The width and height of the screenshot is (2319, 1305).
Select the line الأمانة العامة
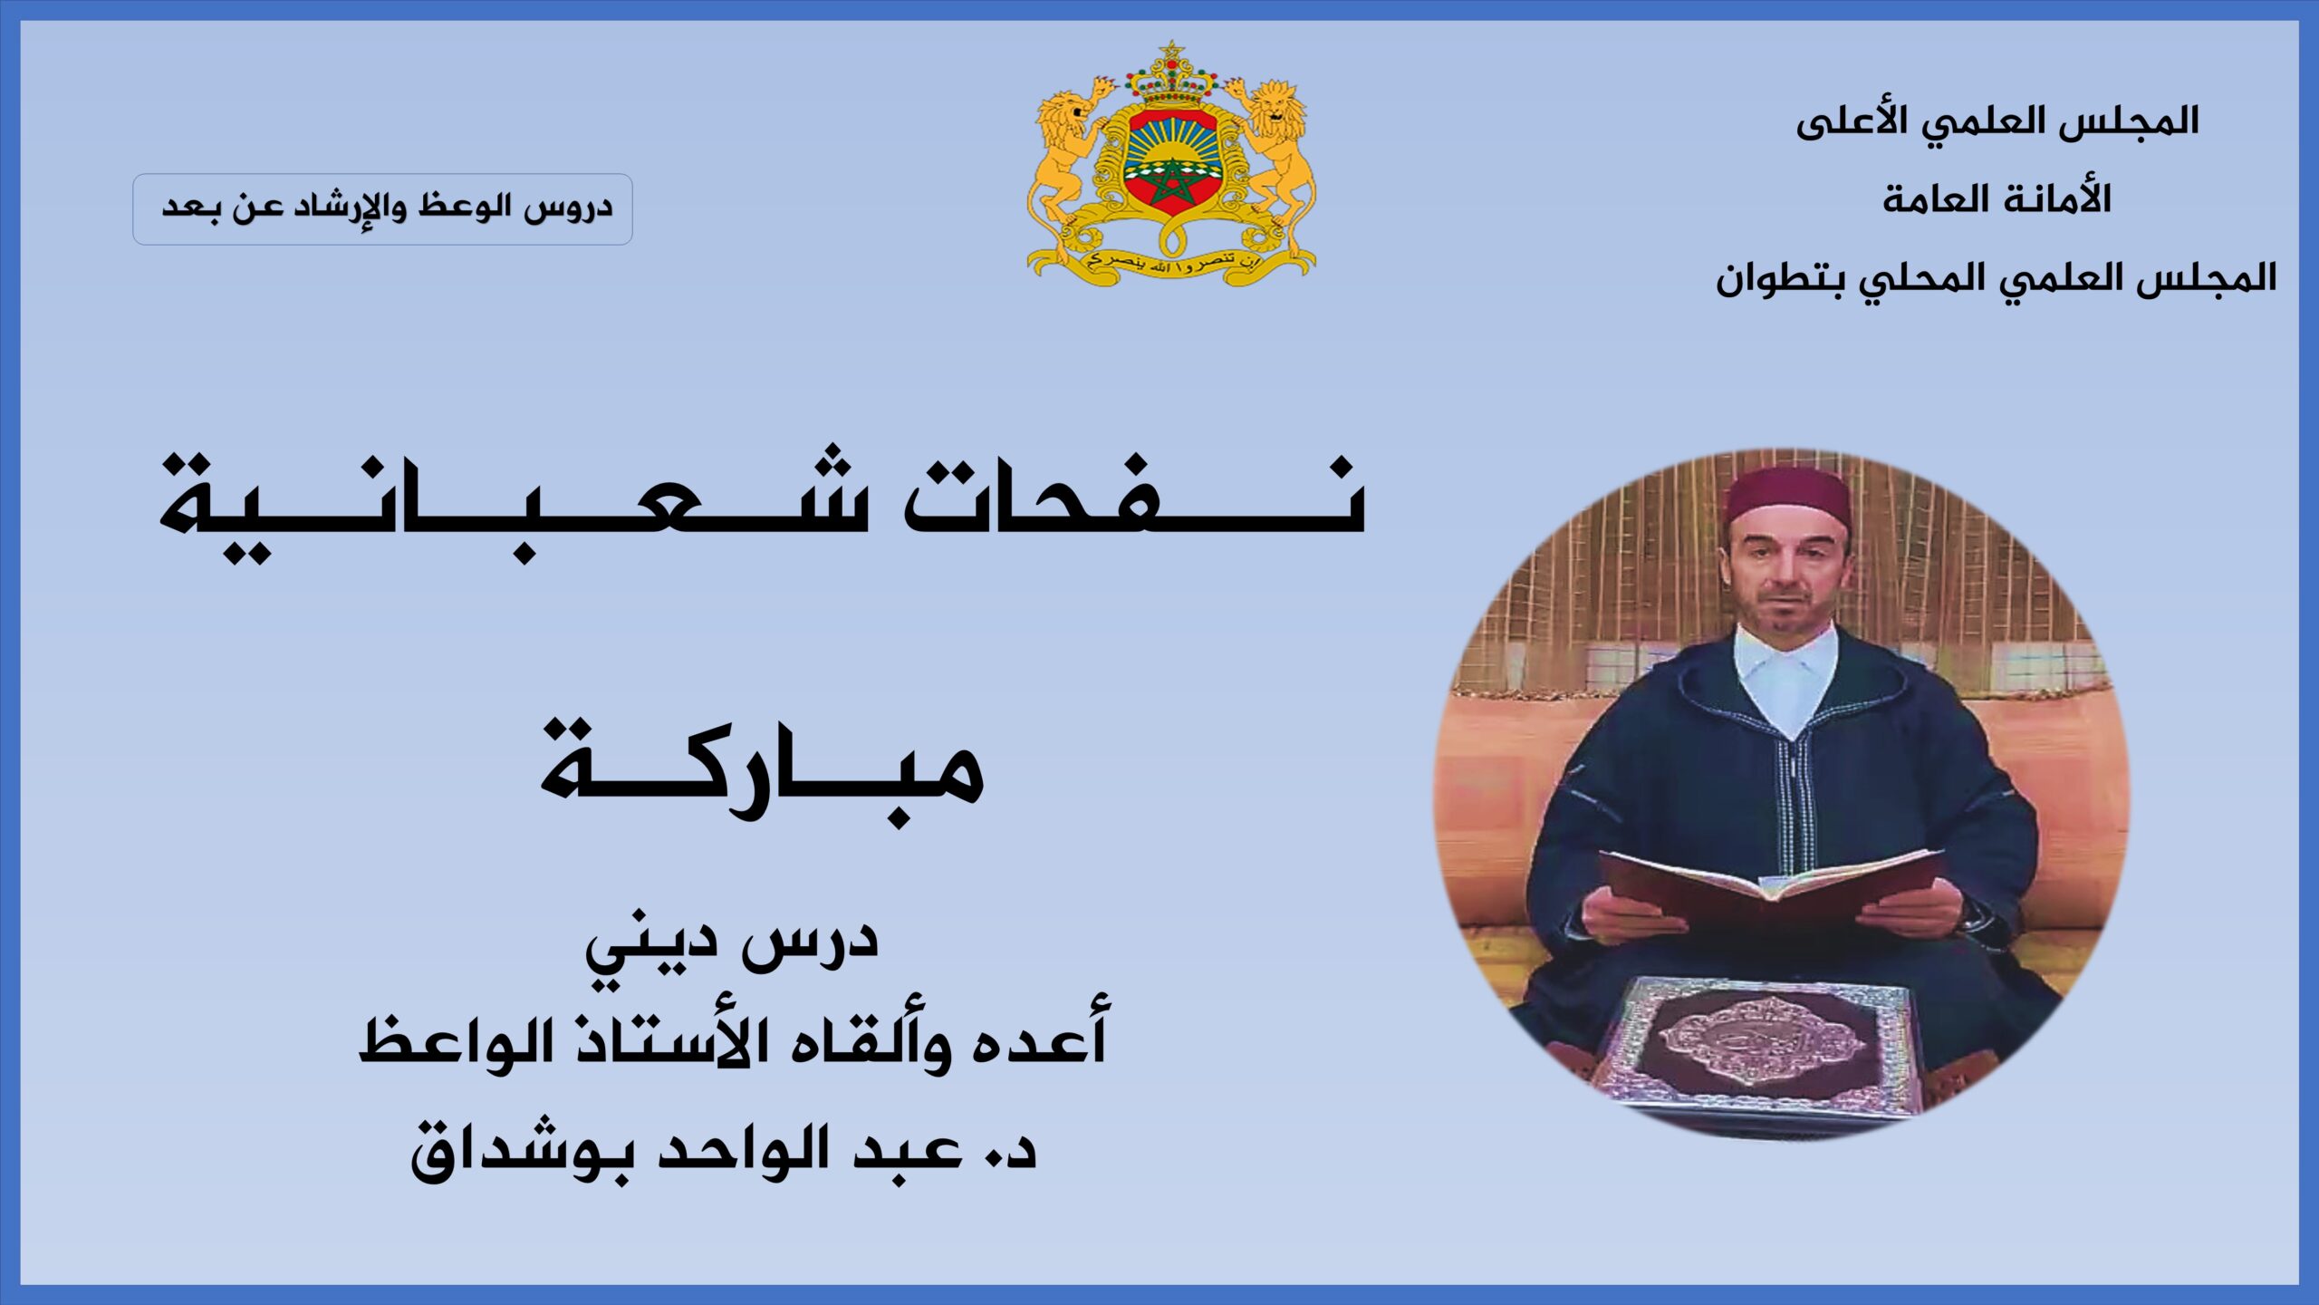(x=1997, y=198)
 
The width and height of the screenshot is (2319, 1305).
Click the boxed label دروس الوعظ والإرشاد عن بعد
(x=382, y=209)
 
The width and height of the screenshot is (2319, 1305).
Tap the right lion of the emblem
(x=1272, y=163)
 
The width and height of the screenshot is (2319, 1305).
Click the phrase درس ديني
(x=732, y=942)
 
